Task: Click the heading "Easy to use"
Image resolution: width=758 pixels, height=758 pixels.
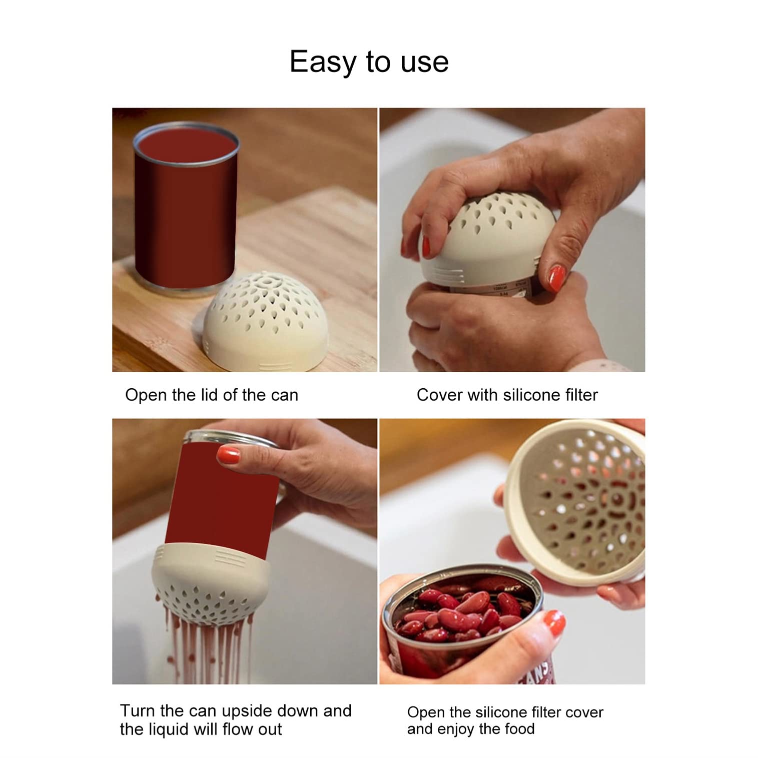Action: coord(369,62)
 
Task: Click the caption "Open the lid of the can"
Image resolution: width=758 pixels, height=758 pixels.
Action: coord(211,395)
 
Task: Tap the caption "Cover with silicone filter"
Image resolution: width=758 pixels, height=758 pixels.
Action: coord(507,395)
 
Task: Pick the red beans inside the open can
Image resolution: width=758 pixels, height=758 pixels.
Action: coord(460,613)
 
